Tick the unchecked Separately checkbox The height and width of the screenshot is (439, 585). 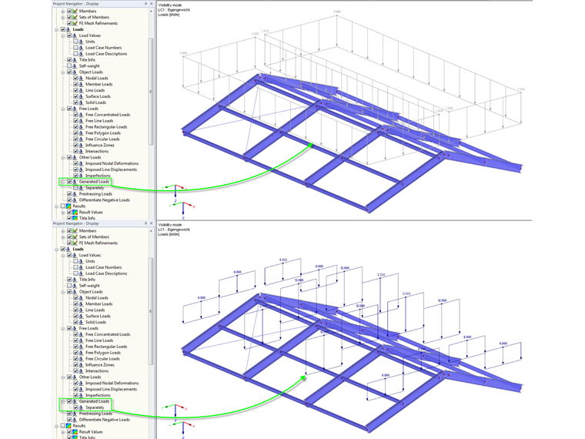[x=75, y=188]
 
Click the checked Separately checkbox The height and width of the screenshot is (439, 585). [x=75, y=407]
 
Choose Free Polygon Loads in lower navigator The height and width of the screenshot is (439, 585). [x=102, y=353]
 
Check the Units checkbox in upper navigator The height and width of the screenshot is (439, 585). [x=75, y=42]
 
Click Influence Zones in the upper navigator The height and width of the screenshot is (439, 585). [x=101, y=145]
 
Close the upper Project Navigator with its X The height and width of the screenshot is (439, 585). [x=151, y=4]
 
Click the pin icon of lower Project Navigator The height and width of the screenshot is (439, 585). [x=145, y=223]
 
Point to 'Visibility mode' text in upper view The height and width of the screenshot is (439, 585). [x=170, y=5]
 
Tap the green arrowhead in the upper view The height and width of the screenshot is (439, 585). [x=310, y=144]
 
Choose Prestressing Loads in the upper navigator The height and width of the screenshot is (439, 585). [x=95, y=193]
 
